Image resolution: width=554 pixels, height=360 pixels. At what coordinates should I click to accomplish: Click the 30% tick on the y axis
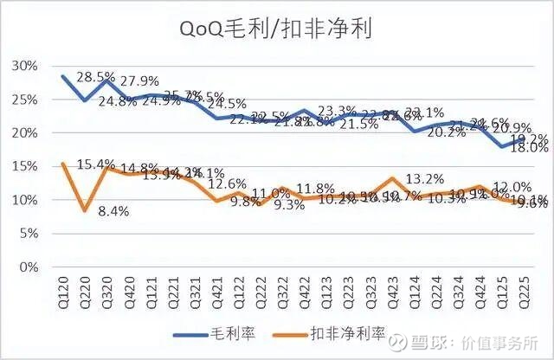click(x=25, y=66)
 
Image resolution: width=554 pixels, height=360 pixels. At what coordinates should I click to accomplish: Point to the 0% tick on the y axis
click(x=28, y=267)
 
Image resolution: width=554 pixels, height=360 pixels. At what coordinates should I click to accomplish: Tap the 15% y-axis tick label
click(x=25, y=166)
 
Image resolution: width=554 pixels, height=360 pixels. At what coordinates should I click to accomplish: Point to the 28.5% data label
click(x=95, y=77)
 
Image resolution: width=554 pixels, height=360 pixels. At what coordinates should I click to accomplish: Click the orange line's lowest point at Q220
click(x=85, y=210)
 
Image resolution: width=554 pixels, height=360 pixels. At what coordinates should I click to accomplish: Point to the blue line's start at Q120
click(x=64, y=76)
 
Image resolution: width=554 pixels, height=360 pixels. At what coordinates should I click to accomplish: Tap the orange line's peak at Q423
click(x=394, y=178)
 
